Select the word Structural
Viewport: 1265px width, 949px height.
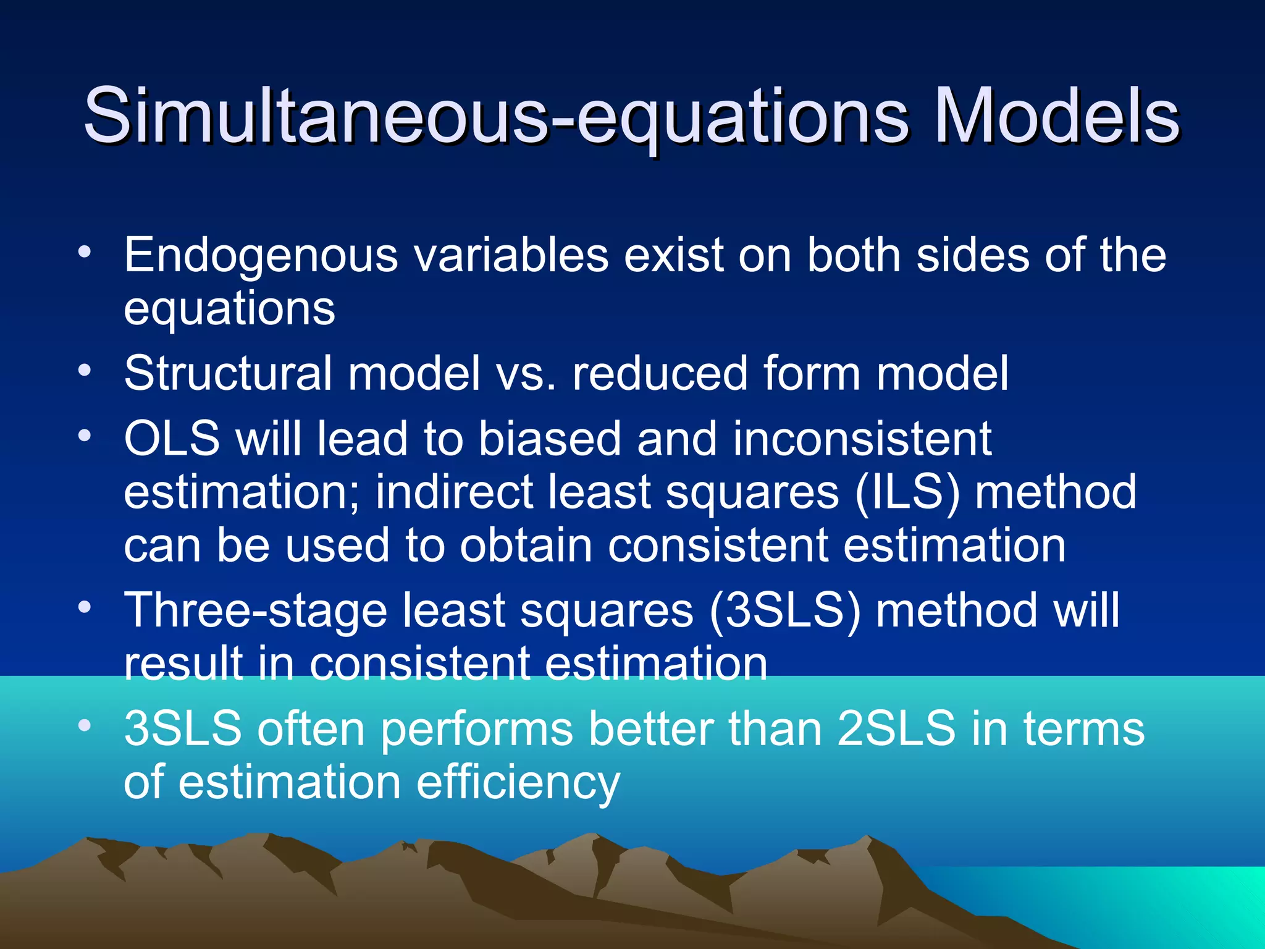click(228, 374)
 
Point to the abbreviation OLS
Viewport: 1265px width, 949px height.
click(172, 439)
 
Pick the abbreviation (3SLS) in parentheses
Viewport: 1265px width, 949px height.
click(784, 610)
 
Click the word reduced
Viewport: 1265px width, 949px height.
click(660, 374)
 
